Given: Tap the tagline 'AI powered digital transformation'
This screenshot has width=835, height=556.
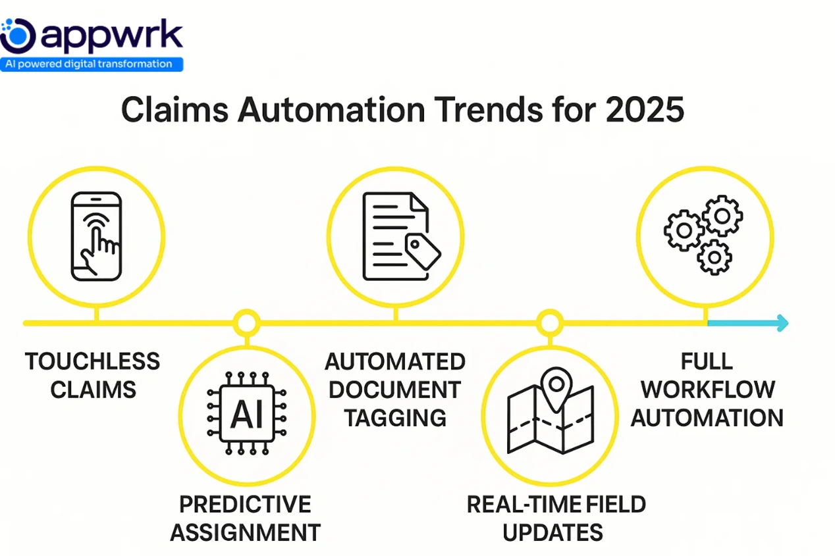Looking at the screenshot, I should pyautogui.click(x=92, y=64).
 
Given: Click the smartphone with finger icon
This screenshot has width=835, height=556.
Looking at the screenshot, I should pyautogui.click(x=96, y=236).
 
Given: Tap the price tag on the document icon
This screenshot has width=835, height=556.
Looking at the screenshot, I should pyautogui.click(x=422, y=251).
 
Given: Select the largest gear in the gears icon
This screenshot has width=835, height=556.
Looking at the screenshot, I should pyautogui.click(x=722, y=215).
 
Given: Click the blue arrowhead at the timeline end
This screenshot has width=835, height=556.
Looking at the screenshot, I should pyautogui.click(x=782, y=323).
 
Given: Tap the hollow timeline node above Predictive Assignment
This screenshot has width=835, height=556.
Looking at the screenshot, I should pyautogui.click(x=247, y=323).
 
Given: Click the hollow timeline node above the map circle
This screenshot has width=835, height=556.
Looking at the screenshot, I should pyautogui.click(x=549, y=323).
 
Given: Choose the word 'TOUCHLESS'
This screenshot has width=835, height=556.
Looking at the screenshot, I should pyautogui.click(x=92, y=361).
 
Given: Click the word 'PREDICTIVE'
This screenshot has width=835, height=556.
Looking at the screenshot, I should pyautogui.click(x=245, y=505).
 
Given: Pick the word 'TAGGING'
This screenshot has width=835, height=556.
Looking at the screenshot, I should pyautogui.click(x=395, y=417).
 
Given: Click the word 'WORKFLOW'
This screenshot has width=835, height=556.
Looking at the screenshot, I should pyautogui.click(x=707, y=389).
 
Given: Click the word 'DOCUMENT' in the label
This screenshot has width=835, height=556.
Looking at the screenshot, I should pyautogui.click(x=395, y=389).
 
